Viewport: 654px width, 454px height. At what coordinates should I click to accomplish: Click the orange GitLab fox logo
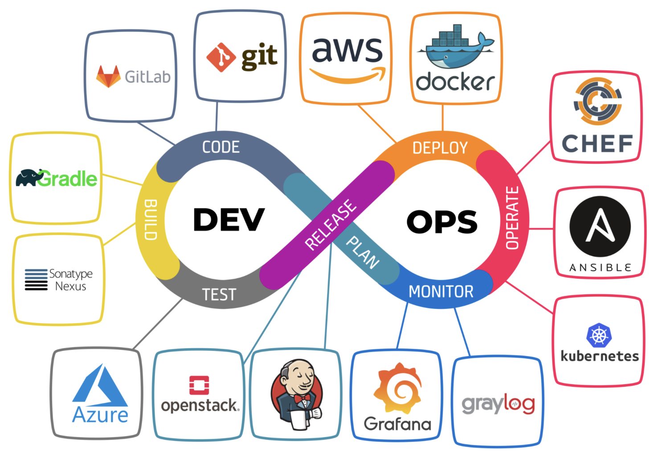pos(108,76)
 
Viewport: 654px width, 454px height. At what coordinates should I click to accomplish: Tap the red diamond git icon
pos(221,57)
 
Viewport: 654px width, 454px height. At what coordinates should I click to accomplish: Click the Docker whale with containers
pos(454,49)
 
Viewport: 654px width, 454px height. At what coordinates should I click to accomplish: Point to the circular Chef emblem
pos(597,101)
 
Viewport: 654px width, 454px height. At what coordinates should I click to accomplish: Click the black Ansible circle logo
pos(600,227)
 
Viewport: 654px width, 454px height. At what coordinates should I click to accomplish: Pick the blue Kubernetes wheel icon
pos(599,335)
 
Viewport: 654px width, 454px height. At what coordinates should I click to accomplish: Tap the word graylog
pos(498,404)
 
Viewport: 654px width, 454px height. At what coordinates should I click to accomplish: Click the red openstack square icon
pos(199,385)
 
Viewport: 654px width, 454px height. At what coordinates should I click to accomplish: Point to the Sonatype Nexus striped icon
pos(36,280)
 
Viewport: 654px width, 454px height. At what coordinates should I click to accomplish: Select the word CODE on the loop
pos(221,147)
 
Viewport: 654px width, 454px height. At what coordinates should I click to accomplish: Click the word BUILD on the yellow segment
pos(151,220)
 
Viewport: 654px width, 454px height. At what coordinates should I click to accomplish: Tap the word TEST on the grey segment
pos(219,295)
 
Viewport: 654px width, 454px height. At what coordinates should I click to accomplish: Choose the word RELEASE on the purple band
pos(331,224)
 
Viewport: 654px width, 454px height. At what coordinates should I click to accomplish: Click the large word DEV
pos(229,220)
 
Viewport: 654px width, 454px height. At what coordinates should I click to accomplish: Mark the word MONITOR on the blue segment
pos(441,292)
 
